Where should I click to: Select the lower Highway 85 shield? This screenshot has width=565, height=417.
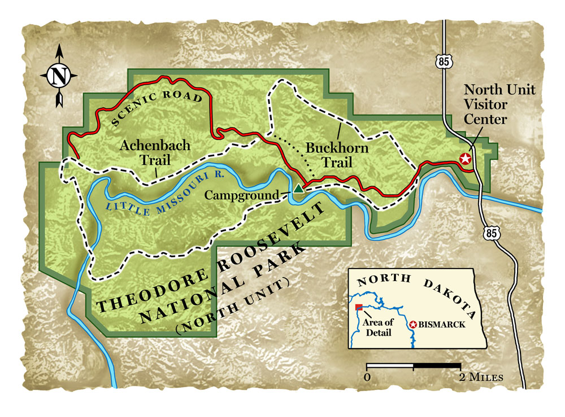coord(490,232)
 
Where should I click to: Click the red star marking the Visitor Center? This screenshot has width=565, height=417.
coord(465,159)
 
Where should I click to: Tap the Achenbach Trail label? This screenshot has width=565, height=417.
coord(155,152)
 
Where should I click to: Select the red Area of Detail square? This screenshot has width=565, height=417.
coord(359,308)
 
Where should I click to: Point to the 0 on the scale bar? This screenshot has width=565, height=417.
coord(368,376)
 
